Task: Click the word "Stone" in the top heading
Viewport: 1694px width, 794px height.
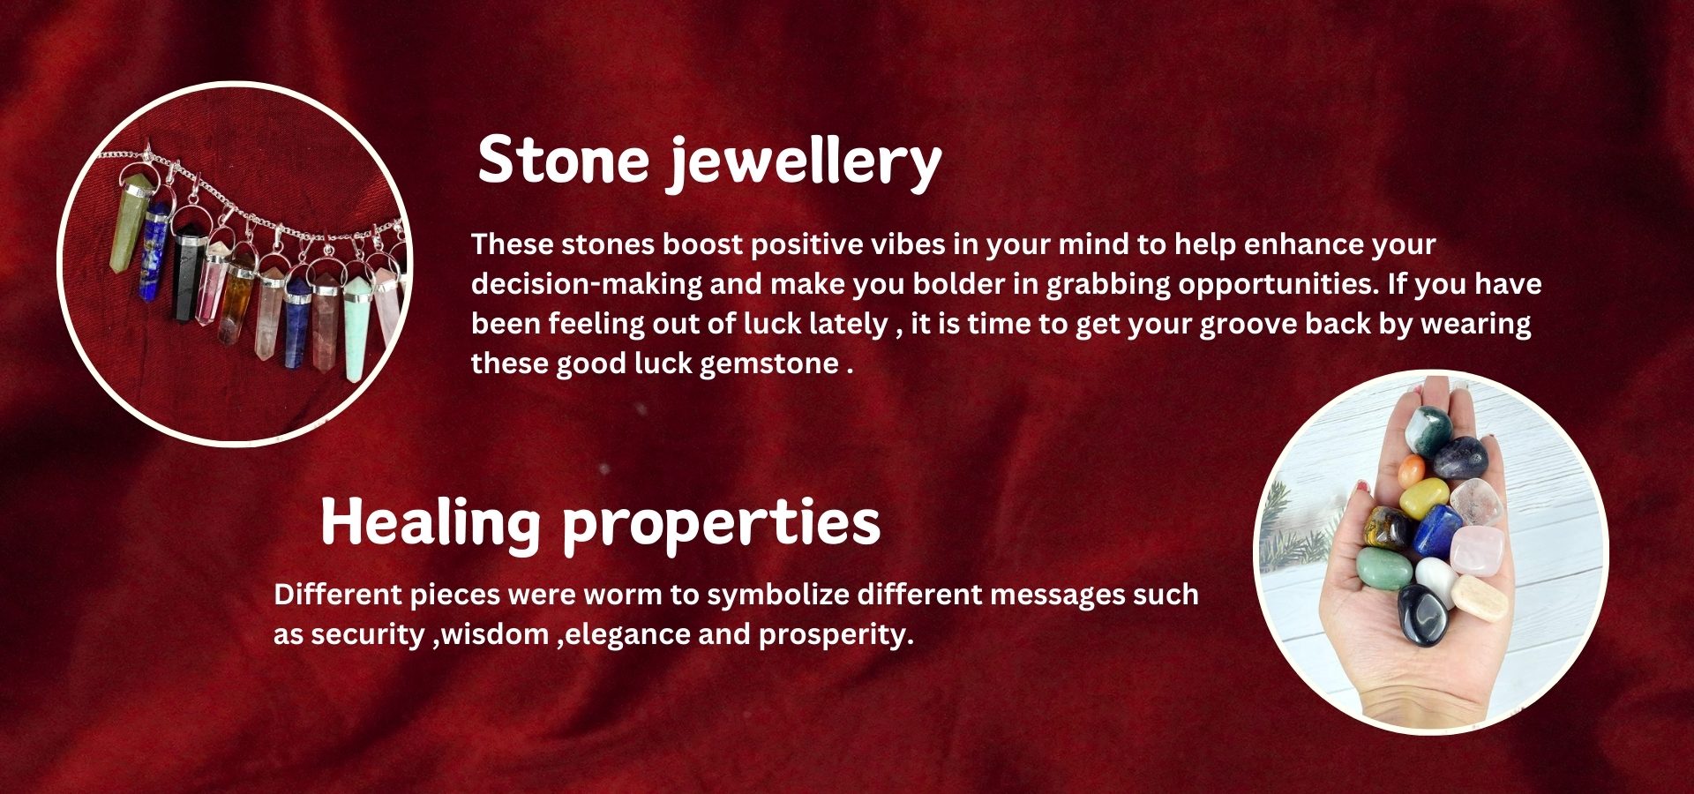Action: pyautogui.click(x=563, y=160)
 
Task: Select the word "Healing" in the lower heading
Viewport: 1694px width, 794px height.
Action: pyautogui.click(x=431, y=522)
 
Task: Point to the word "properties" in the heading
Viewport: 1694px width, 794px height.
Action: pyautogui.click(x=721, y=525)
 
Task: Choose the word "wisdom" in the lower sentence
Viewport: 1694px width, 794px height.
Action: pyautogui.click(x=495, y=634)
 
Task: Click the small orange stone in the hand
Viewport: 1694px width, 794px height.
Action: pyautogui.click(x=1412, y=469)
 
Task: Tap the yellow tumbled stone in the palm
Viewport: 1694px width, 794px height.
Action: pyautogui.click(x=1424, y=498)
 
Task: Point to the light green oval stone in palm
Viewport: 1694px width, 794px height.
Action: pyautogui.click(x=1384, y=569)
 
